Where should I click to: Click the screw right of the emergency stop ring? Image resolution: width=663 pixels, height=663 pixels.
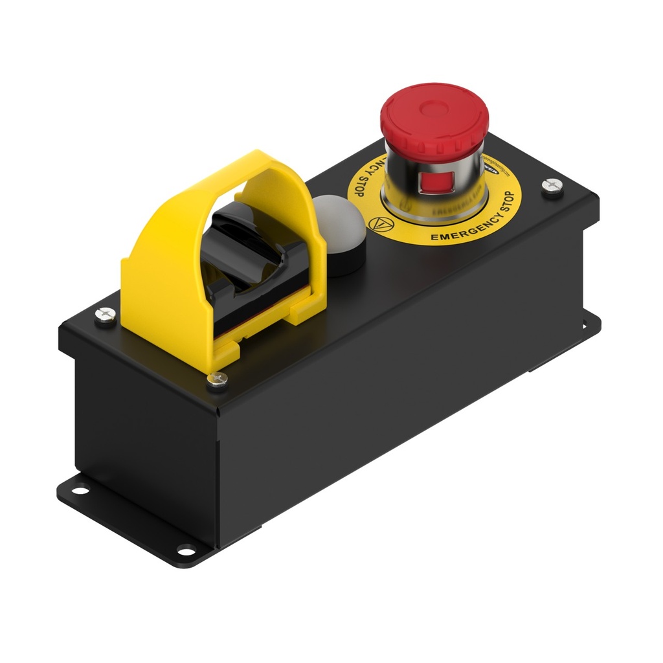click(552, 185)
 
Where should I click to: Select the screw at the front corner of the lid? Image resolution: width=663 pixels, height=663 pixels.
click(218, 380)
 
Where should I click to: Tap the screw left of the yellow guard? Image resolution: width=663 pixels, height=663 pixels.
click(106, 314)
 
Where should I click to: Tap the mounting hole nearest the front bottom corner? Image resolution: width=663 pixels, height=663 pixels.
click(186, 552)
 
